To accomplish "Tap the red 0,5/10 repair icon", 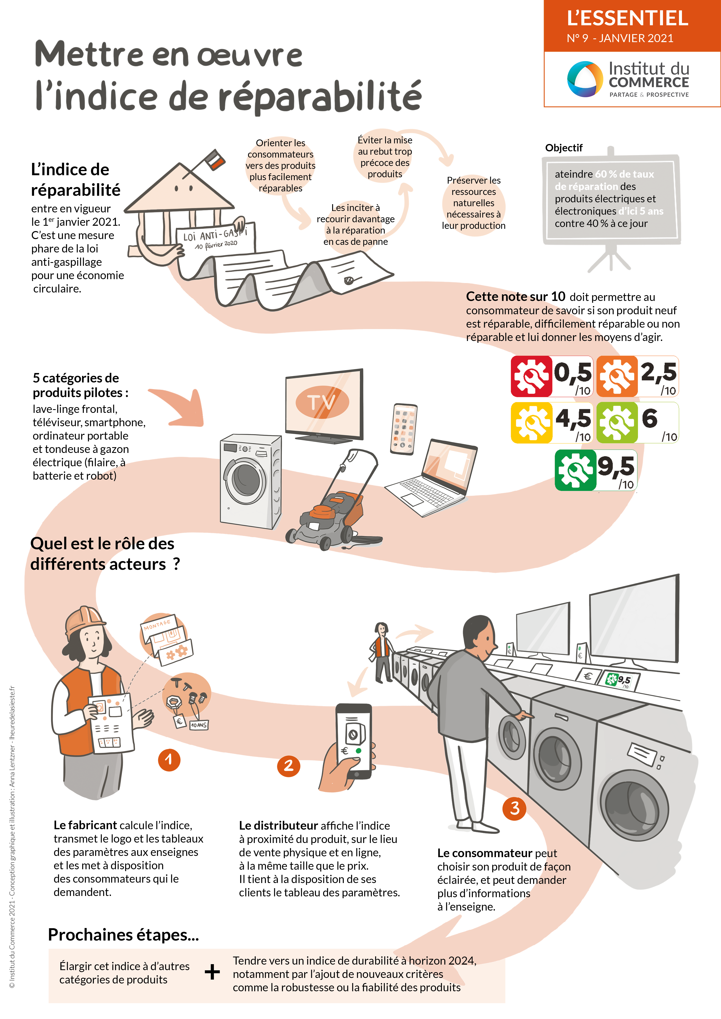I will click(531, 376).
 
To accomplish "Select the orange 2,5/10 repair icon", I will click(617, 376).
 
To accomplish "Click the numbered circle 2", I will click(289, 766).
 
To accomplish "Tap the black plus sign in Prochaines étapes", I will click(212, 972).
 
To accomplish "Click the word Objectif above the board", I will click(563, 148).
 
